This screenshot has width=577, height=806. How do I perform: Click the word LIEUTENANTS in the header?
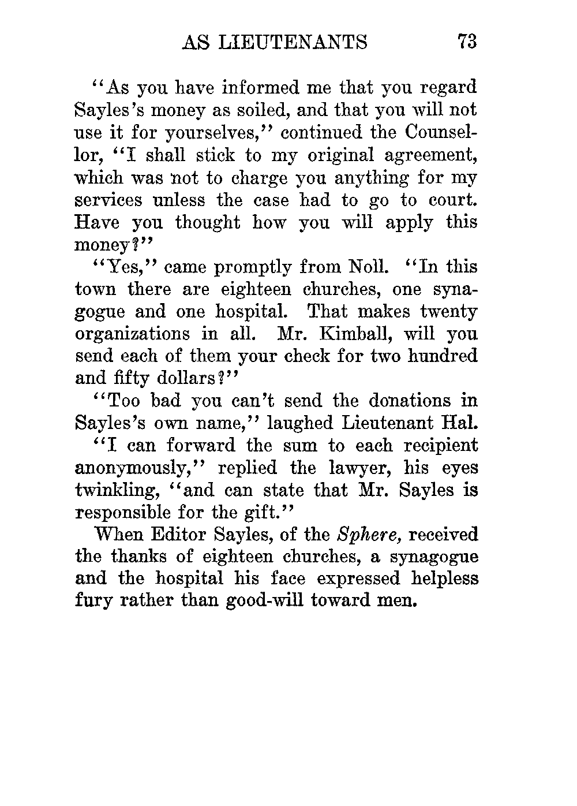click(292, 42)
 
